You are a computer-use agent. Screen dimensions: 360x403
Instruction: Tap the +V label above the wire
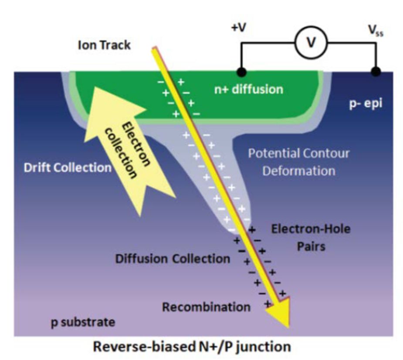click(x=238, y=28)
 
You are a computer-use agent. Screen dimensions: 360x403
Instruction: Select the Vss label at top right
click(x=375, y=32)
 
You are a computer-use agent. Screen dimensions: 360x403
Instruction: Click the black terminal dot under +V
click(x=240, y=71)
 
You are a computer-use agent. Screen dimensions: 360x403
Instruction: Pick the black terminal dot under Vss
click(x=376, y=71)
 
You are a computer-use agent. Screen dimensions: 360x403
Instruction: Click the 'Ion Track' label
click(x=104, y=45)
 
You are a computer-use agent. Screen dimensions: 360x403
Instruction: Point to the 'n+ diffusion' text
click(x=248, y=89)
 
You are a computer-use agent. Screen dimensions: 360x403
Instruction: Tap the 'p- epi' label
click(x=366, y=104)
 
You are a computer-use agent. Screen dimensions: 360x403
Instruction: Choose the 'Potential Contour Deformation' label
click(x=298, y=161)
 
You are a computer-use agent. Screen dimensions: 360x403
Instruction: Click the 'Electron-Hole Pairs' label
click(x=310, y=237)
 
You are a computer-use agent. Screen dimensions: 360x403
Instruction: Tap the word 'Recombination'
click(x=206, y=307)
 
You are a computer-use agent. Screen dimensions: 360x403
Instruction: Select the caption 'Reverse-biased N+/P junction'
click(x=192, y=347)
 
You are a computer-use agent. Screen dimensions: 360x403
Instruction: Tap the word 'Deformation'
click(x=298, y=170)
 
